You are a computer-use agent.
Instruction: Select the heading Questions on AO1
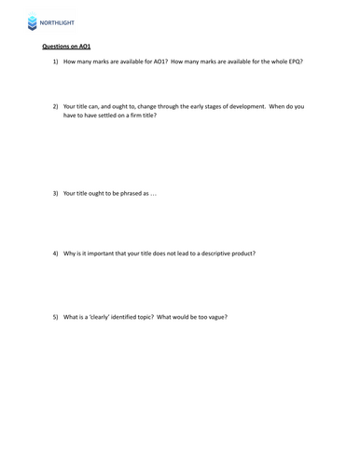[x=66, y=46]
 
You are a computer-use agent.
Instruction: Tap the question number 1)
[x=56, y=62]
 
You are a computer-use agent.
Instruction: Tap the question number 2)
[x=56, y=106]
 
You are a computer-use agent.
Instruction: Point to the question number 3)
[x=56, y=193]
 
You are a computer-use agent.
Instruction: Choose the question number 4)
[x=56, y=254]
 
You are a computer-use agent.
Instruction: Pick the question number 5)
[x=56, y=317]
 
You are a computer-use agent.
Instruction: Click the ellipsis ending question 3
[x=154, y=193]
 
